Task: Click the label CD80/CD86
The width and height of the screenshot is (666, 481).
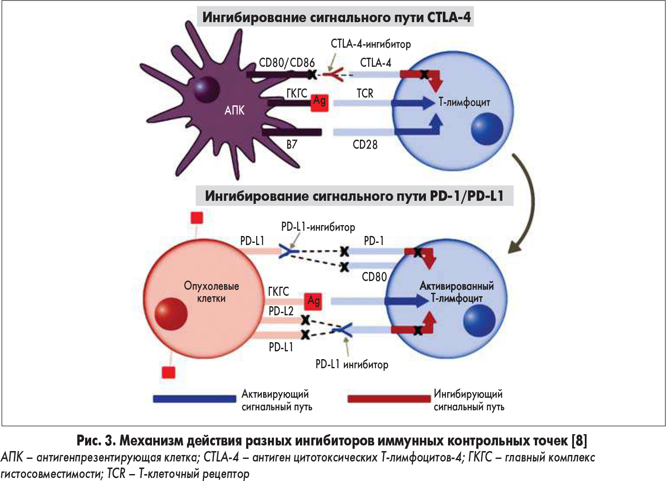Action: (x=287, y=63)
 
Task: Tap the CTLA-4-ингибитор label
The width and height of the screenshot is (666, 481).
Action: (x=370, y=44)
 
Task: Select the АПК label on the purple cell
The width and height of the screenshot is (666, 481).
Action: (x=234, y=111)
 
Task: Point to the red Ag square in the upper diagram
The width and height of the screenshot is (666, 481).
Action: (x=320, y=102)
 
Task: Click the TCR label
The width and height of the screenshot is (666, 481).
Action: (x=365, y=93)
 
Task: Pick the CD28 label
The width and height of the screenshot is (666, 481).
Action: (x=365, y=144)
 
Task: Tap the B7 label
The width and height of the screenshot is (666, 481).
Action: (x=292, y=144)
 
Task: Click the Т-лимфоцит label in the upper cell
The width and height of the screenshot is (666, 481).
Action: (x=464, y=102)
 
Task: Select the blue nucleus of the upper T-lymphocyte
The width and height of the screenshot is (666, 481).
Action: (x=487, y=129)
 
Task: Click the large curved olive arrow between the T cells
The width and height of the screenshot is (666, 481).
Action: (x=526, y=204)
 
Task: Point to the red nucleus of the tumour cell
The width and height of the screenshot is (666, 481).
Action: (x=171, y=314)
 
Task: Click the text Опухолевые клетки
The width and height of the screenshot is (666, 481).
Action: (x=211, y=292)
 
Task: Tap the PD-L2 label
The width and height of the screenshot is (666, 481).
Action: (x=281, y=311)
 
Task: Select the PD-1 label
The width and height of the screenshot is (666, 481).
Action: (x=374, y=241)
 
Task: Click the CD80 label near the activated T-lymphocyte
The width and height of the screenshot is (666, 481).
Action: (x=374, y=277)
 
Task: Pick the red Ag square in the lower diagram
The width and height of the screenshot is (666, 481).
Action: (x=313, y=301)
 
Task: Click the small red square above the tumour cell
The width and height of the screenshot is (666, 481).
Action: (x=197, y=218)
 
